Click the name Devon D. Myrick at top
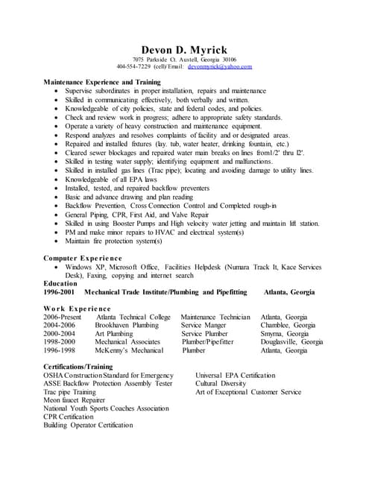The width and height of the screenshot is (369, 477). [x=185, y=48]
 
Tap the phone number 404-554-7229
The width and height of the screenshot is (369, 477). [x=134, y=67]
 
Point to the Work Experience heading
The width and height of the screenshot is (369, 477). [x=77, y=308]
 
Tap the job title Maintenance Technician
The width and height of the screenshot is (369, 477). [x=215, y=317]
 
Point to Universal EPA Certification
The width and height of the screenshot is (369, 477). [x=235, y=375]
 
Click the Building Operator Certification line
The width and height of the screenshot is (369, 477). [x=88, y=425]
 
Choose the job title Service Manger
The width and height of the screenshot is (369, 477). [x=204, y=325]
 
